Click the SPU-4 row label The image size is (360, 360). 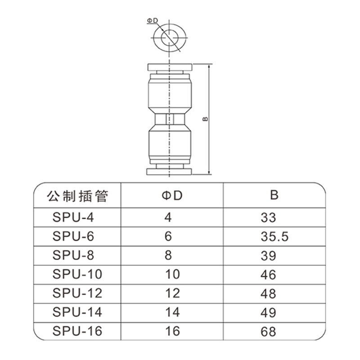(73, 217)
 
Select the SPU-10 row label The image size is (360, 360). (77, 274)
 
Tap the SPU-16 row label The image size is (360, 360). (77, 331)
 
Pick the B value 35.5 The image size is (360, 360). (274, 237)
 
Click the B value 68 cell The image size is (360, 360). (268, 332)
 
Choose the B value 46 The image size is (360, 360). (268, 274)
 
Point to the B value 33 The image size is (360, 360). (268, 217)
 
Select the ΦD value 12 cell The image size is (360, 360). (172, 293)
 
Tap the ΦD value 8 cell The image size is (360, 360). (168, 255)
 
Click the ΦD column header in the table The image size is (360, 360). (172, 195)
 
